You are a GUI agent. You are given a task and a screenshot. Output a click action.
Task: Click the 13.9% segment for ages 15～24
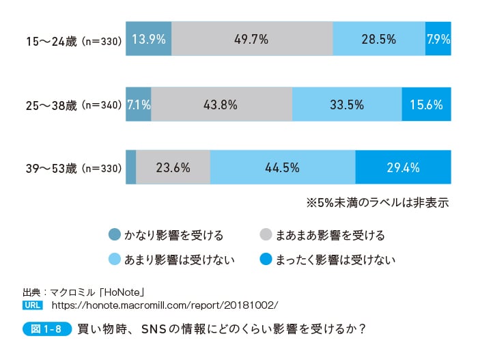149,40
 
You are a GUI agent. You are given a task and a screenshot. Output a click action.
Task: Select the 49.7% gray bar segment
252,40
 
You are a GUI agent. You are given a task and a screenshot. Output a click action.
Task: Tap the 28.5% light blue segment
378,40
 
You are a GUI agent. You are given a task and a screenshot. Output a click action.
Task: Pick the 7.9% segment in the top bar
438,40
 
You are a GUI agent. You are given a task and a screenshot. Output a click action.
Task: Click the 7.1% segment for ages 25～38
139,105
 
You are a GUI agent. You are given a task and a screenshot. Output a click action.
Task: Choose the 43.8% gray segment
221,105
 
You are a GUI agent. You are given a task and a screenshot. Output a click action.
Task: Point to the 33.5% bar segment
347,105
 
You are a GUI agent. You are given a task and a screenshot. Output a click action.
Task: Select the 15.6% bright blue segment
427,105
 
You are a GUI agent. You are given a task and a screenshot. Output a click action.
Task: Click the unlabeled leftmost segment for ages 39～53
131,167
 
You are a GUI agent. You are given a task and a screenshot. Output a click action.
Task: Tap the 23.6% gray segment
173,167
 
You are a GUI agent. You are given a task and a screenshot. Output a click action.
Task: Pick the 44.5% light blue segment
283,167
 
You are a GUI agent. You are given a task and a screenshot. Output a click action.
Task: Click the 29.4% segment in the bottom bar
404,167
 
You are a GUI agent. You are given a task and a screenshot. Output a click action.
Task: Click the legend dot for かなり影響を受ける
115,235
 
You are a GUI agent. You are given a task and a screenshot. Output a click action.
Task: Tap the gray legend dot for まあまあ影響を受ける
267,235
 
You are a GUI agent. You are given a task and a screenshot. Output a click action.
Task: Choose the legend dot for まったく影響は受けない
267,259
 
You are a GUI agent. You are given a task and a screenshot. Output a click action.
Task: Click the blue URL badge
33,304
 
